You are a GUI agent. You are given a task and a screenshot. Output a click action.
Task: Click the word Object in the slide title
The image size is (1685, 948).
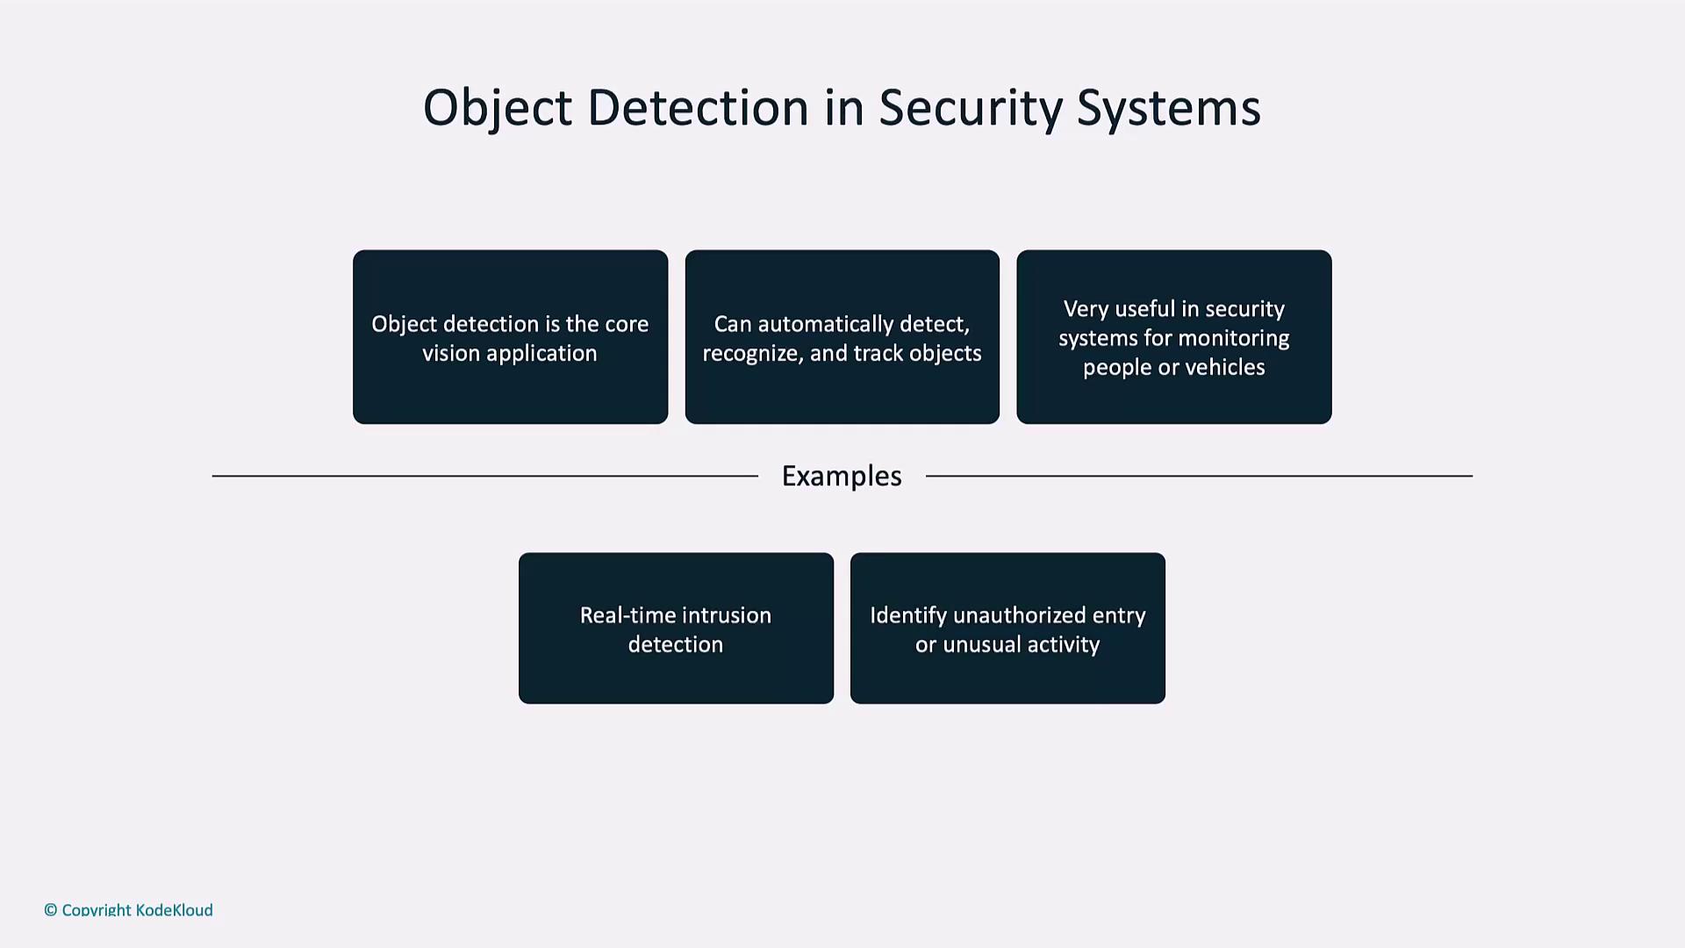497,109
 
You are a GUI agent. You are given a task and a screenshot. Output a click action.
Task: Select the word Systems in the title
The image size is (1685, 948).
1168,109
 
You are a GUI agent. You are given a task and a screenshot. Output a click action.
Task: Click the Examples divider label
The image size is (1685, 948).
842,476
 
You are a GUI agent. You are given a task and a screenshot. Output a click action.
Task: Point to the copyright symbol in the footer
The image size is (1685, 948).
51,910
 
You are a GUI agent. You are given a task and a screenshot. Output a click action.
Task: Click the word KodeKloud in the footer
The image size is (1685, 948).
174,910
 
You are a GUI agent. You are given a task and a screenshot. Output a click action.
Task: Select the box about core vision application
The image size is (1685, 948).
510,337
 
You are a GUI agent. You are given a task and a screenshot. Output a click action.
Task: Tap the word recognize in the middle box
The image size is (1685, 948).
749,353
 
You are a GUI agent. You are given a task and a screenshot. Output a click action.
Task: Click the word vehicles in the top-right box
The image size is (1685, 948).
1224,367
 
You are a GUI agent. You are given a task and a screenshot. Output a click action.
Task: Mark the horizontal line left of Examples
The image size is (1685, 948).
484,476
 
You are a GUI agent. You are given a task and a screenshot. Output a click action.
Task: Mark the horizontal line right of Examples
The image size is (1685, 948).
1199,476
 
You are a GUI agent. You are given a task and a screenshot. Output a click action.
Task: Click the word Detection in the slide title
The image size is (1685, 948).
698,109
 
